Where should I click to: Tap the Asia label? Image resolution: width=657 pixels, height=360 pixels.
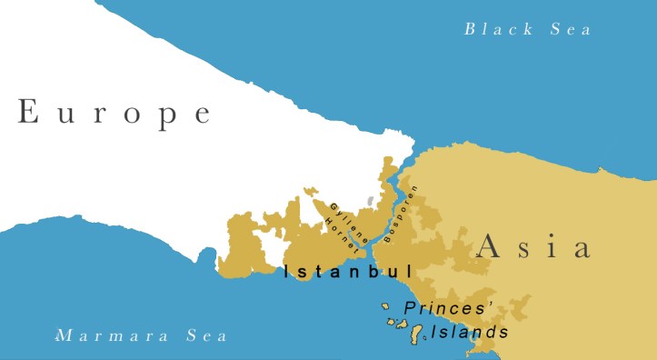click(x=533, y=245)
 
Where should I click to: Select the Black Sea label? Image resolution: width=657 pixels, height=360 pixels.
click(x=528, y=29)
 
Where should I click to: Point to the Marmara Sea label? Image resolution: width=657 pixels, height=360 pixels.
click(x=142, y=335)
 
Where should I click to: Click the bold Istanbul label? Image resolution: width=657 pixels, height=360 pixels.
click(x=348, y=271)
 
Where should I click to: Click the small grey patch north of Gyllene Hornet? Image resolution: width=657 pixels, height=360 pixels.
click(x=370, y=199)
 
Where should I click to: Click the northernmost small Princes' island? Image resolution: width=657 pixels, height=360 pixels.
click(x=386, y=306)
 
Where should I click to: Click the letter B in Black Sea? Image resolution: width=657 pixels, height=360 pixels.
click(x=470, y=29)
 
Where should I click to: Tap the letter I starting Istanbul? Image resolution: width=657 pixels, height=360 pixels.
click(x=287, y=271)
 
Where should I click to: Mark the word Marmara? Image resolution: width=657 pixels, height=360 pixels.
click(x=113, y=335)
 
